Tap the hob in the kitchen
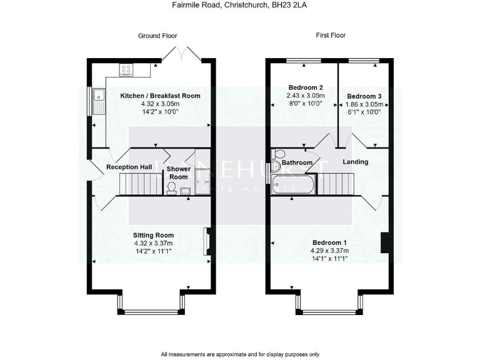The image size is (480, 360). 126,69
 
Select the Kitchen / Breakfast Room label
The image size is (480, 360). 160,96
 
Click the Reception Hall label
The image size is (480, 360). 129,167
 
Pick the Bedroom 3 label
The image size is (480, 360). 364,96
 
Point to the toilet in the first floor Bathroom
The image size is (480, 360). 279,154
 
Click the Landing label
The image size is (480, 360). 355,162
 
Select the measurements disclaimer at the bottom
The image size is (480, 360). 240,354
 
